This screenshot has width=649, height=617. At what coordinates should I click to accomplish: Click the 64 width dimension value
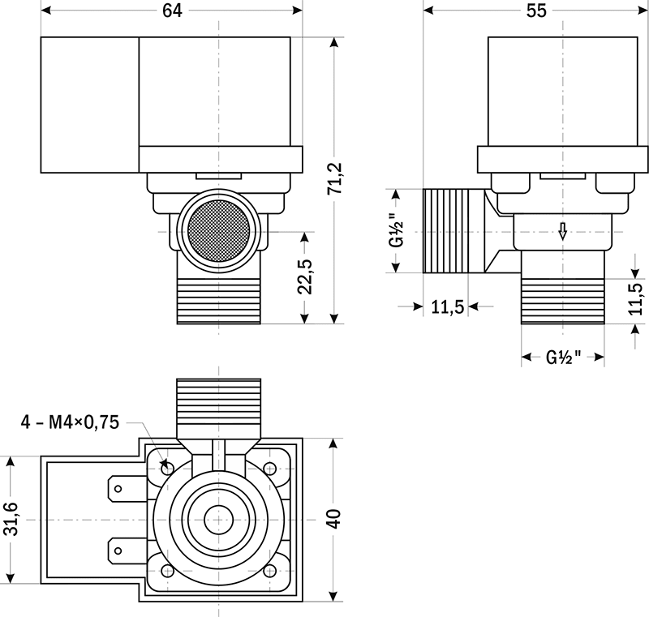click(x=172, y=11)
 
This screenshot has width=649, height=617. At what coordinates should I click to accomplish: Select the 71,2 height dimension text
click(x=336, y=180)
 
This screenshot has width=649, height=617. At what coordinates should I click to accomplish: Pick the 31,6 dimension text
click(x=11, y=519)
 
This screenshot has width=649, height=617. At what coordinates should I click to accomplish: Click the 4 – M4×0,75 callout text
click(x=71, y=422)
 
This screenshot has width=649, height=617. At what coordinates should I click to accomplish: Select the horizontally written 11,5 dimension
click(x=446, y=306)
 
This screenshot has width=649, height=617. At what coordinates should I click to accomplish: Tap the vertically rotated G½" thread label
click(x=396, y=231)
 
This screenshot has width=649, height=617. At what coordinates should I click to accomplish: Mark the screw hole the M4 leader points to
click(x=167, y=467)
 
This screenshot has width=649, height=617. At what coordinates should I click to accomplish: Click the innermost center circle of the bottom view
click(x=218, y=520)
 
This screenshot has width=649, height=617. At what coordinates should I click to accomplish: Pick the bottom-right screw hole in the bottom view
click(x=270, y=571)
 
